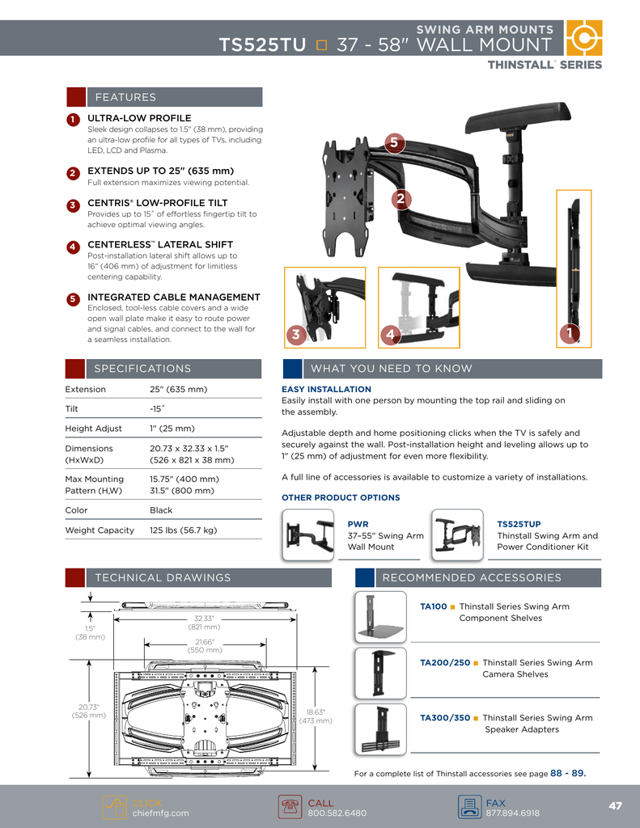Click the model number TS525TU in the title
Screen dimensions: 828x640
[x=262, y=44]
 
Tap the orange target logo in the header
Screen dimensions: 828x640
[x=583, y=38]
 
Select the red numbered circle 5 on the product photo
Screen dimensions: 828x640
[x=393, y=143]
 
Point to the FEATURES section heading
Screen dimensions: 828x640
[x=125, y=97]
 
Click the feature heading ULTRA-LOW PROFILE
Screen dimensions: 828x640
[x=139, y=118]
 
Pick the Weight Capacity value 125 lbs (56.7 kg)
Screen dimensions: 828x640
[x=183, y=530]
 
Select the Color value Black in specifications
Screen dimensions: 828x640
[x=161, y=510]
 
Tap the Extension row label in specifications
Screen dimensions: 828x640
[x=85, y=389]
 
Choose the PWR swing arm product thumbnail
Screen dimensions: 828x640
[x=308, y=534]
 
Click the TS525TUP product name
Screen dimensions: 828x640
[x=519, y=524]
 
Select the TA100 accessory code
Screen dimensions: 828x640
[x=433, y=606]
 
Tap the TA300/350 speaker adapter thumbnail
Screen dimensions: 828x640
[x=380, y=729]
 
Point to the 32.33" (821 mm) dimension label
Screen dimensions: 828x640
[x=203, y=623]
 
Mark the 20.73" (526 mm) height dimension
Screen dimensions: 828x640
[x=88, y=711]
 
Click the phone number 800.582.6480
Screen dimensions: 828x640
[x=337, y=813]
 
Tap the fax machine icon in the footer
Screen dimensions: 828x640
[x=468, y=807]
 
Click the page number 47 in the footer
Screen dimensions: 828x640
[x=615, y=805]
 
